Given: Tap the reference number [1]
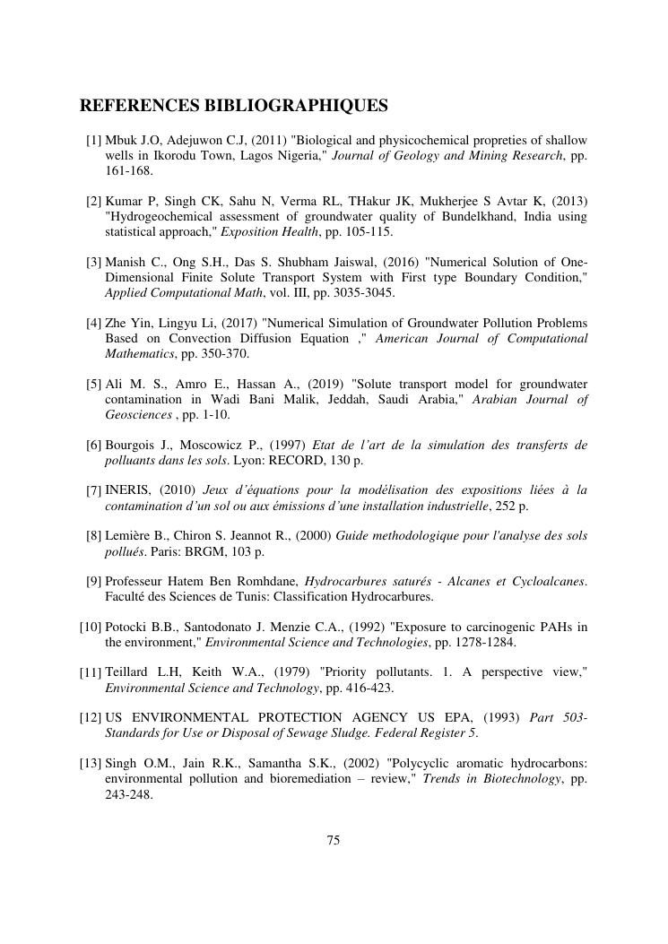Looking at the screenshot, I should (x=94, y=141).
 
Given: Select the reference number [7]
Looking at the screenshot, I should (x=94, y=491).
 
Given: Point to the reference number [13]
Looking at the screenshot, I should (x=91, y=764).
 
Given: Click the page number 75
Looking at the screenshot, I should (x=334, y=840).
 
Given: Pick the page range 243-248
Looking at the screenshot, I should (x=129, y=793).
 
